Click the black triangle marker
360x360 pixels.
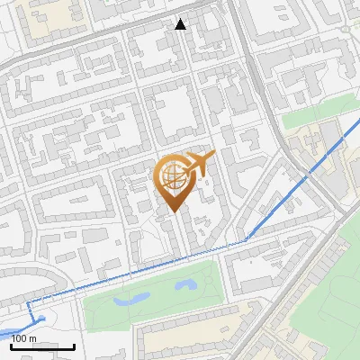tap(181, 24)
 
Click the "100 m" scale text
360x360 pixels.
tap(24, 337)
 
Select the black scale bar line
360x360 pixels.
tap(41, 346)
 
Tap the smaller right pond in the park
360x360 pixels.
tap(186, 284)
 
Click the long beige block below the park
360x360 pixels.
tap(193, 323)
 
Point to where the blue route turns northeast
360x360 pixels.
tap(247, 239)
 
